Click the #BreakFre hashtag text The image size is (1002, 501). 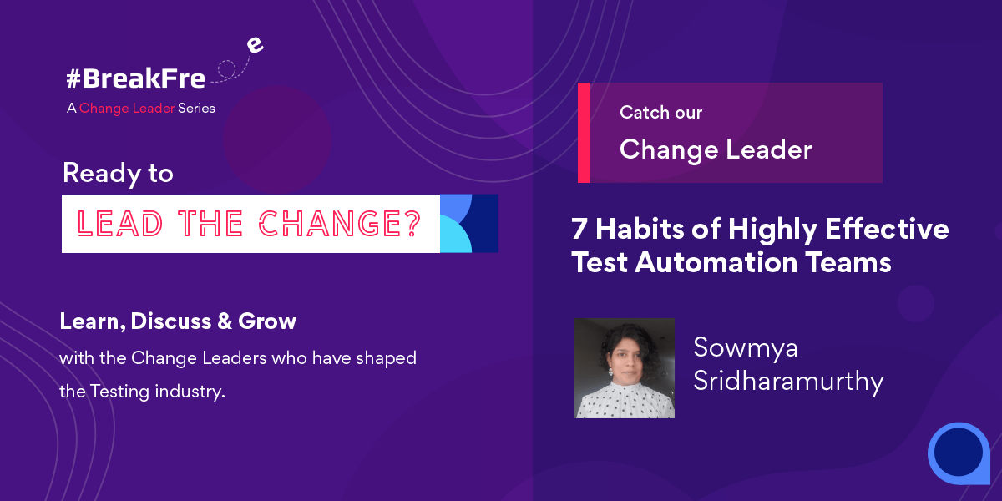[x=135, y=78]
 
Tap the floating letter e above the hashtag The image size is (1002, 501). [x=255, y=45]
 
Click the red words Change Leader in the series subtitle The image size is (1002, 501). [x=127, y=109]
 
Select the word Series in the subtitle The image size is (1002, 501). [x=196, y=109]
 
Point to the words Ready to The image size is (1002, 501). [x=118, y=173]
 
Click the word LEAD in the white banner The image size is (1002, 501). [x=120, y=223]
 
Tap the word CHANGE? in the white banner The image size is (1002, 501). [x=340, y=223]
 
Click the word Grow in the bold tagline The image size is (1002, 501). [x=267, y=321]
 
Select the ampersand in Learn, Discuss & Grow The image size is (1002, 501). [x=225, y=321]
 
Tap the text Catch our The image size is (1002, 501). [x=660, y=112]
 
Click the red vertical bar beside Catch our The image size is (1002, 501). [x=584, y=133]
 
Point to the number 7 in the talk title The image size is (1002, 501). [x=579, y=229]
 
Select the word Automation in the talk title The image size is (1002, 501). [x=716, y=262]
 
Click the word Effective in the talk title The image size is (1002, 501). [x=887, y=229]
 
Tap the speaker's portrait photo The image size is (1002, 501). [x=625, y=368]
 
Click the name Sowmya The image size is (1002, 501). [x=746, y=347]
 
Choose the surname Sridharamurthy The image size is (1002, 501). [x=788, y=381]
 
